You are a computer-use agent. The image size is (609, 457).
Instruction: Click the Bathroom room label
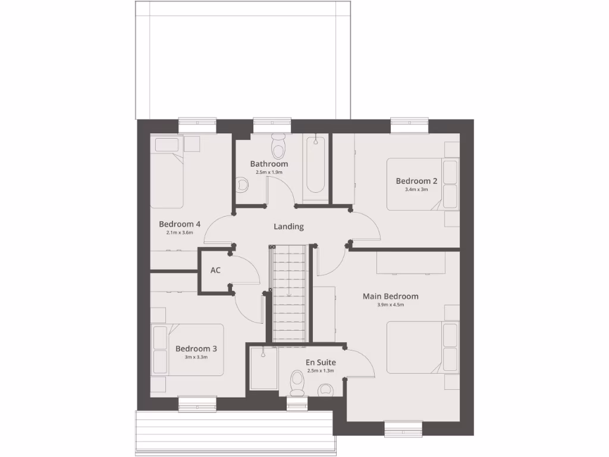click(x=269, y=164)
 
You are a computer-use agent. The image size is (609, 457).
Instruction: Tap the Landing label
click(x=288, y=227)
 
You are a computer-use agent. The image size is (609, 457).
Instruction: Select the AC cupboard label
click(x=215, y=270)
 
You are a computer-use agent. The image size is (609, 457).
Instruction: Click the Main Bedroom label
click(x=390, y=296)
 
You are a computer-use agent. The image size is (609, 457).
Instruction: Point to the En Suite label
click(x=321, y=362)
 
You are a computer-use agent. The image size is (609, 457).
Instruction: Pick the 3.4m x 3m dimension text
click(x=416, y=190)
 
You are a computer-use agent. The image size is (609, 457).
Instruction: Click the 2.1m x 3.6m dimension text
click(x=180, y=233)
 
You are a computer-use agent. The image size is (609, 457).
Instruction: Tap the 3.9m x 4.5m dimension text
click(x=390, y=305)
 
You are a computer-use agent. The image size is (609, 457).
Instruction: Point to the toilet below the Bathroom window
click(x=278, y=145)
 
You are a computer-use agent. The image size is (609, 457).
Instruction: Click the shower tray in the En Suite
click(x=262, y=369)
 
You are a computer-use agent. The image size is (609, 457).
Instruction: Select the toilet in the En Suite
click(x=297, y=383)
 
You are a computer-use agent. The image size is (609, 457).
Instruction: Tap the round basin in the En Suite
click(x=325, y=390)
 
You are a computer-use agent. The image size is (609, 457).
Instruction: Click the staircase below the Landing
click(x=289, y=295)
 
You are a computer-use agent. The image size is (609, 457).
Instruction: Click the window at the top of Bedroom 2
click(x=410, y=125)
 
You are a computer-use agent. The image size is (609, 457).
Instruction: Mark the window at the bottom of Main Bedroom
click(x=403, y=428)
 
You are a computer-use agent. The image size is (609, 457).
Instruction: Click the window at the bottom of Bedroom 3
click(x=197, y=404)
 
